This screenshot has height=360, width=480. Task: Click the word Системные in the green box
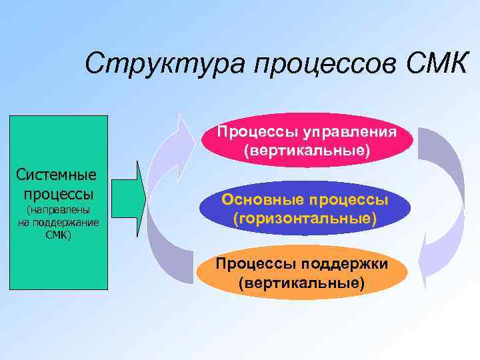56,176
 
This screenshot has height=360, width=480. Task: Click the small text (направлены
58,210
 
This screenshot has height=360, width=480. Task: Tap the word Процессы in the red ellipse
249,131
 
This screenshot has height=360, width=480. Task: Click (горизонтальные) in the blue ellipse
305,218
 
